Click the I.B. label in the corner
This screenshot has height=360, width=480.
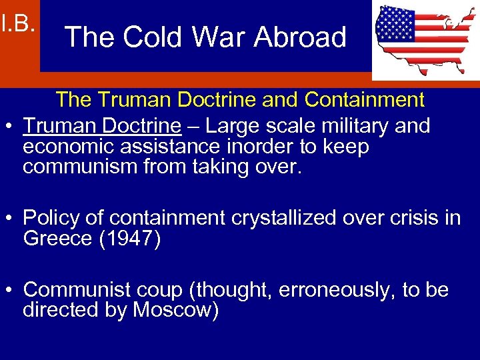click(17, 24)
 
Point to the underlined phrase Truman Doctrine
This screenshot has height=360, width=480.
click(102, 125)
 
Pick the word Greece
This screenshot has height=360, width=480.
click(57, 239)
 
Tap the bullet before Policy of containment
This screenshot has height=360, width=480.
click(9, 219)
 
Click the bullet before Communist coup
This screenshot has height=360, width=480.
click(9, 291)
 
